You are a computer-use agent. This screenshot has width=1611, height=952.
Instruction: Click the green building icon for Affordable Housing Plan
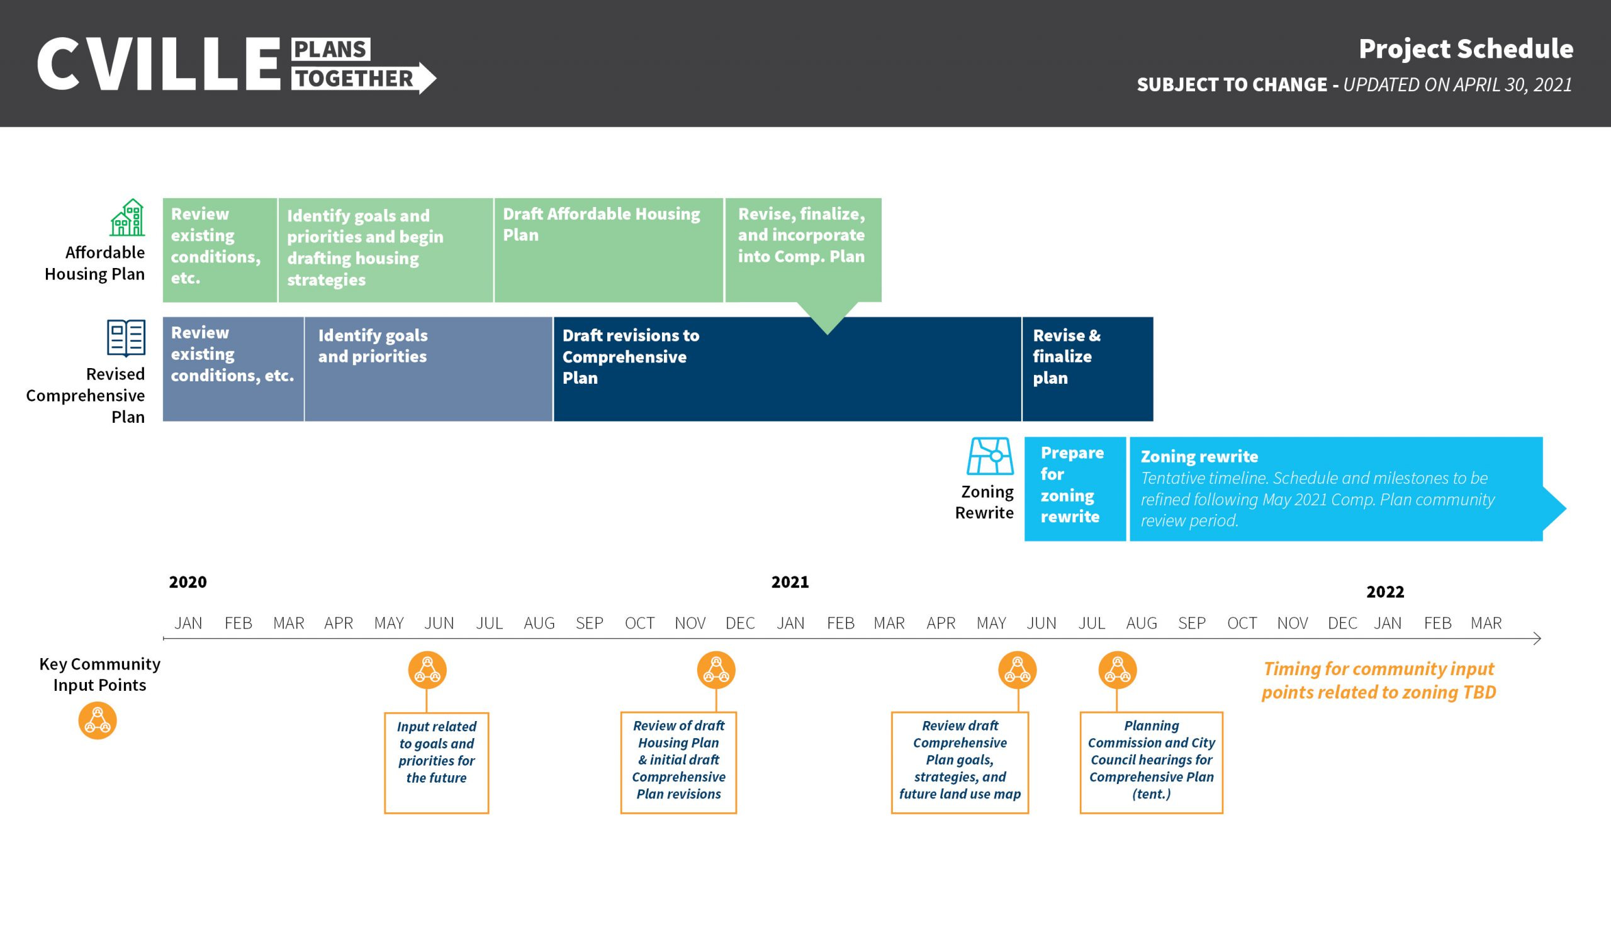(x=127, y=218)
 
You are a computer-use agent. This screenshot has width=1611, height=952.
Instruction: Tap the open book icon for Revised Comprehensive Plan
(x=126, y=337)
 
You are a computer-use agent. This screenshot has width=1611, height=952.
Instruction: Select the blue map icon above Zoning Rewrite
(x=990, y=456)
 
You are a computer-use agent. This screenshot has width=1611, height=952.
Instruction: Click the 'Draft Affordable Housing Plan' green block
(x=608, y=250)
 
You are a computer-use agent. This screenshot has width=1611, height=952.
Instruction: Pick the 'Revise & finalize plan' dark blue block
(x=1087, y=369)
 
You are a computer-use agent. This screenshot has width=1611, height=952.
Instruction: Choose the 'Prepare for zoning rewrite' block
(x=1075, y=489)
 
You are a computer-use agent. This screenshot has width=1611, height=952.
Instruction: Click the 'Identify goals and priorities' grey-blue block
(x=429, y=369)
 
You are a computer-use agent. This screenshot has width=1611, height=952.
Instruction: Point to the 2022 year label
(x=1385, y=591)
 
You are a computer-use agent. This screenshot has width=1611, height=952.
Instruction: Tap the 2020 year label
(x=188, y=582)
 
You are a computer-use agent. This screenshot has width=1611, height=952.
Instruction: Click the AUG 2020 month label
(x=539, y=623)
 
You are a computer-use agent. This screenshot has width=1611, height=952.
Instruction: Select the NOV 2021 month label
(x=1292, y=623)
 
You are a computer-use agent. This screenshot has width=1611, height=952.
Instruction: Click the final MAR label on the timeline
(x=1486, y=623)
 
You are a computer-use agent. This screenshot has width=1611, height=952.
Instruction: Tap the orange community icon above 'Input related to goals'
(x=427, y=670)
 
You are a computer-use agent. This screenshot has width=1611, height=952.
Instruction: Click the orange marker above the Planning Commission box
(x=1118, y=670)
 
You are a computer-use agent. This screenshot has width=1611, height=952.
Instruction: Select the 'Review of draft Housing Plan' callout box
(x=678, y=763)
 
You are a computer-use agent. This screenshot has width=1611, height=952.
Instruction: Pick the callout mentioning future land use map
(x=960, y=763)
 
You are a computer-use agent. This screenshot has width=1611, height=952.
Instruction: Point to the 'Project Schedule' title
(x=1466, y=48)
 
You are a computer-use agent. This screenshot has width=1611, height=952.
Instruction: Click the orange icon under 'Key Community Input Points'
(x=98, y=720)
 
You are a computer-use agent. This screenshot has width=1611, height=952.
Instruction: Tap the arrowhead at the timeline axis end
(x=1537, y=638)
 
